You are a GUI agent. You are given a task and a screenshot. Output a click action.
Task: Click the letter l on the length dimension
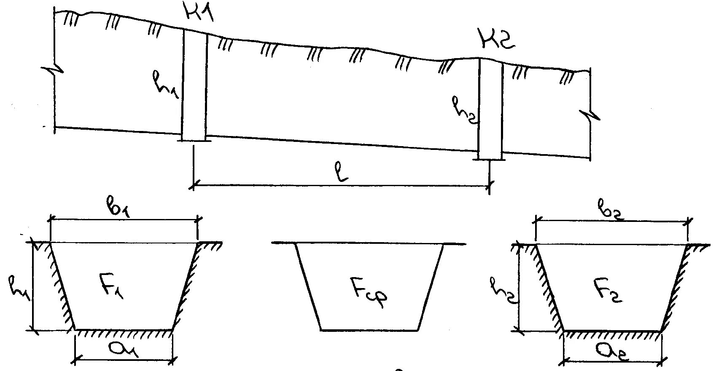[x=344, y=172]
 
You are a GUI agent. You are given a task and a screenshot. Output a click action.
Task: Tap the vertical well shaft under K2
[x=490, y=107]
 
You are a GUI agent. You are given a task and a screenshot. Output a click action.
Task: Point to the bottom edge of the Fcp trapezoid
[x=369, y=330]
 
